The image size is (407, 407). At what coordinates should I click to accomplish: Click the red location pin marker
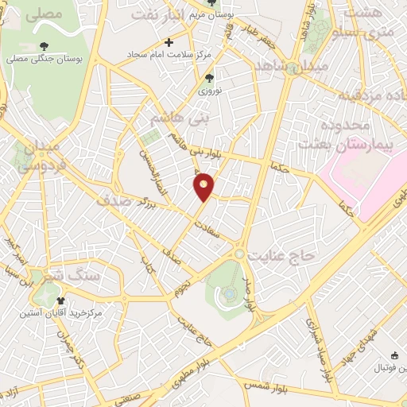point(204,186)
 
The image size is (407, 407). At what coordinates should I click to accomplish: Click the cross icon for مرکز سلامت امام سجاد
point(169,41)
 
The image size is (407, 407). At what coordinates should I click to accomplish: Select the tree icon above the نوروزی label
point(209,78)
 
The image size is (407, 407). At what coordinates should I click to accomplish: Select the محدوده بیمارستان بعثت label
point(354,134)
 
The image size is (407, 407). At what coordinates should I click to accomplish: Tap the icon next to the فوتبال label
point(395,356)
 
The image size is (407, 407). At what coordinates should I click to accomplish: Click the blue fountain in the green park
point(229,295)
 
